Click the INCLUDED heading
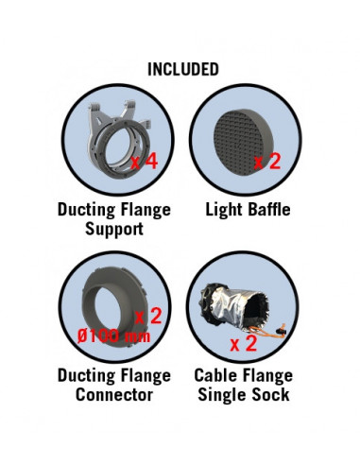[183, 69]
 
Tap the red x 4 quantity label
[145, 162]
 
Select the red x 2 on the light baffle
[267, 162]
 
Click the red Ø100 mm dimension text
[114, 336]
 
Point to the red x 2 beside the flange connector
[148, 316]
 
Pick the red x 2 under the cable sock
[244, 343]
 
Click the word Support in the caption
[114, 229]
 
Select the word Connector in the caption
[114, 395]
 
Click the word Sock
[271, 395]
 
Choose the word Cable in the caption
[214, 375]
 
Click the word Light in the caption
[225, 210]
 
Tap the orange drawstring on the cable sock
[267, 331]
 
